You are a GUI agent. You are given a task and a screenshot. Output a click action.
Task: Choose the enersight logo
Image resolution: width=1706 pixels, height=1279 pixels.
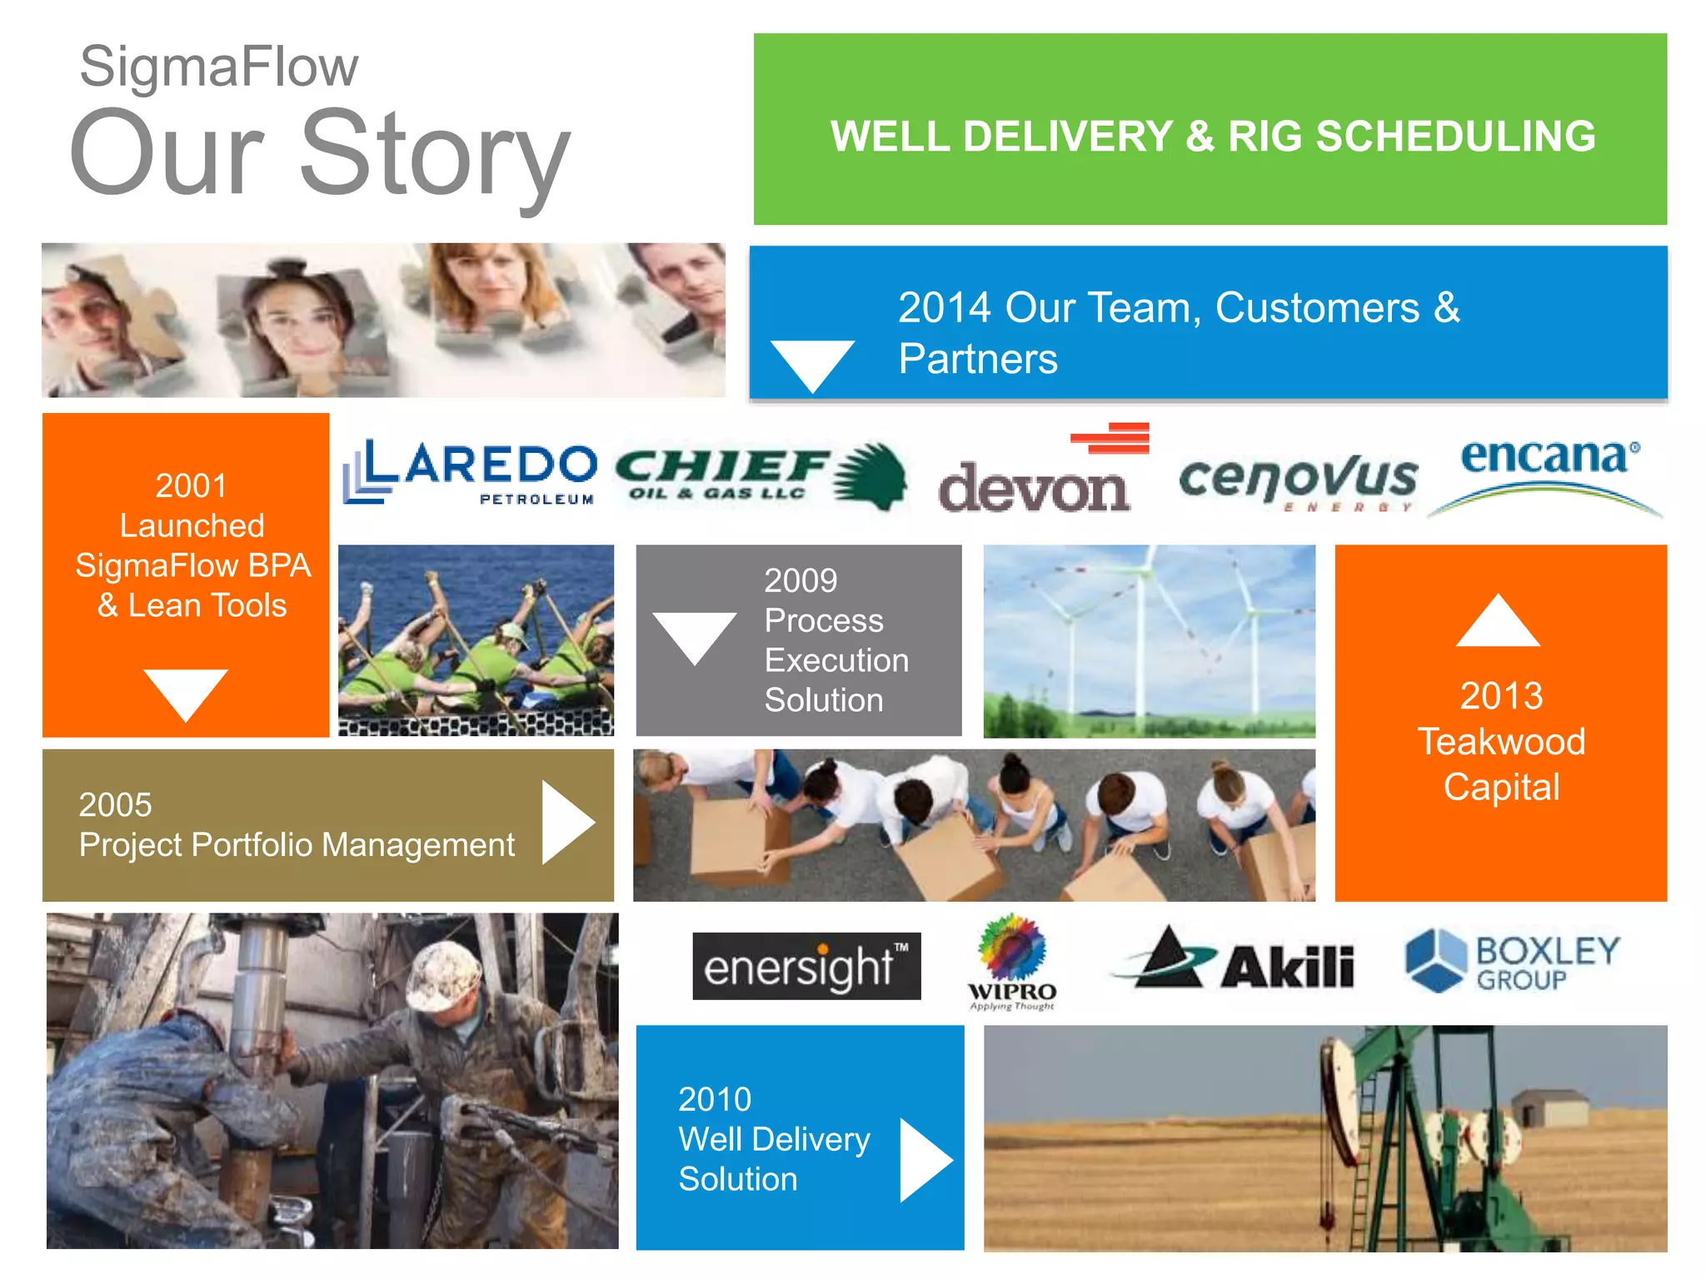coord(806,966)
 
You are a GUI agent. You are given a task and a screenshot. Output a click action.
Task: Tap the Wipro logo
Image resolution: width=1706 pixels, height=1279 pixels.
coord(1012,963)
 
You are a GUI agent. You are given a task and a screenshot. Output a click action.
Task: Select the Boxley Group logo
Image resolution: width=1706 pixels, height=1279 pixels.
coord(1512,962)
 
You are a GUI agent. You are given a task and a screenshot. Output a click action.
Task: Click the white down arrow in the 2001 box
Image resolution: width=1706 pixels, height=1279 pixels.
coord(185,691)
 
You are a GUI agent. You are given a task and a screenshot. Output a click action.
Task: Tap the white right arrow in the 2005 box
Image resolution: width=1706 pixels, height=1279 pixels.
coord(566,823)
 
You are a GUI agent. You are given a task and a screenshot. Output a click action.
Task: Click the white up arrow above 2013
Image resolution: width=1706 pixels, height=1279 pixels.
coord(1498,623)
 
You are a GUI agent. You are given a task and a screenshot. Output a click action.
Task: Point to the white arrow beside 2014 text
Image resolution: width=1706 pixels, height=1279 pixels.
coord(812,363)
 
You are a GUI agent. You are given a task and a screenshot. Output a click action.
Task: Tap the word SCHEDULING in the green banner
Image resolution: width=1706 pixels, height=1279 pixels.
coord(1455,137)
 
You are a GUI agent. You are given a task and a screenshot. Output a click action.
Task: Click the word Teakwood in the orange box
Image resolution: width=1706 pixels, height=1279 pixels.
coord(1501,741)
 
